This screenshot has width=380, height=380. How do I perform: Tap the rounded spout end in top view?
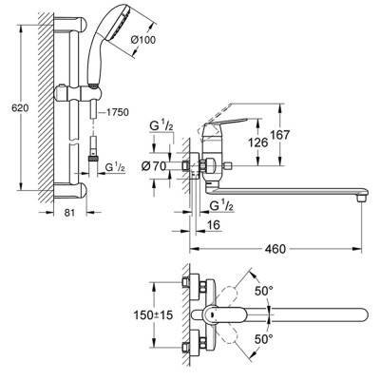click(360, 313)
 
